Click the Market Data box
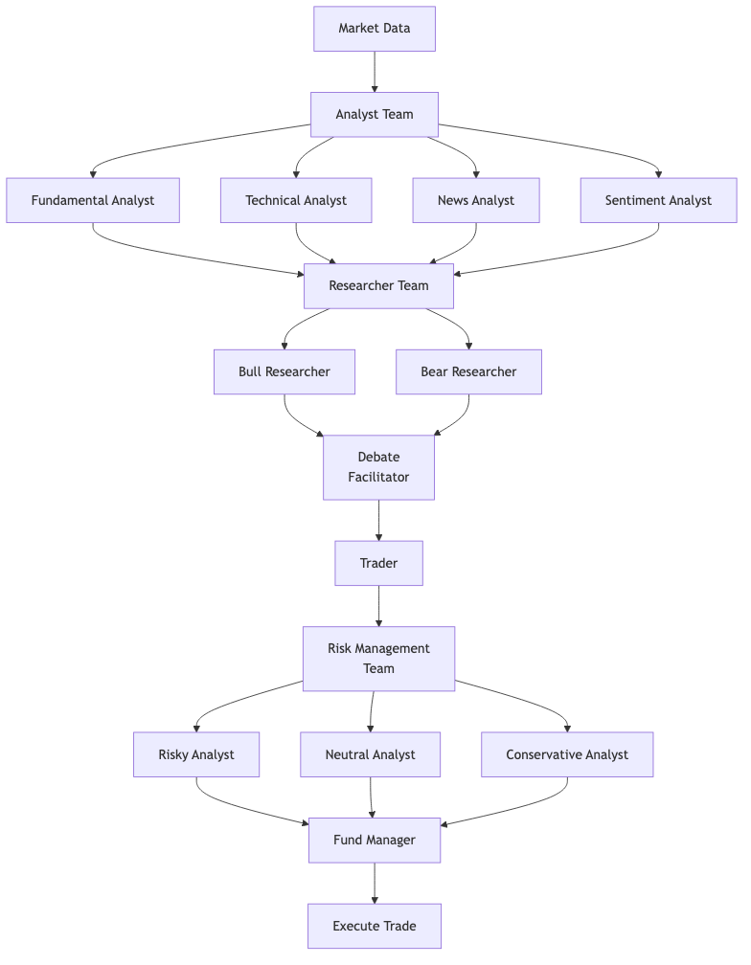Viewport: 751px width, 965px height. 375,29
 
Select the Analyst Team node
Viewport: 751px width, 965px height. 375,115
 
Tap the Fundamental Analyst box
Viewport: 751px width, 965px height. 93,201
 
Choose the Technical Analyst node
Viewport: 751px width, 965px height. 296,201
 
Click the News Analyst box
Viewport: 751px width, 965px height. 476,201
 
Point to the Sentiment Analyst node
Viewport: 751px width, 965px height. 658,201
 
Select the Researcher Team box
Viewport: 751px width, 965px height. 378,286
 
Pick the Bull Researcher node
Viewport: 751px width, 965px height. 284,371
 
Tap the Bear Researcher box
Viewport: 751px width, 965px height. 468,371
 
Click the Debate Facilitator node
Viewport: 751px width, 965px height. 378,467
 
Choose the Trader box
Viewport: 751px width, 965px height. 378,563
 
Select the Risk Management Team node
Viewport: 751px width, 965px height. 378,659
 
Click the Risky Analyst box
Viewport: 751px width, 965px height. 196,754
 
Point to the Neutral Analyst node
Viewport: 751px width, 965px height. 371,754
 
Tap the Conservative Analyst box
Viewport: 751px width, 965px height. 567,754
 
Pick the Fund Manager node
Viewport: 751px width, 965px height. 375,840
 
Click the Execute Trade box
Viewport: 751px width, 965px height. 375,926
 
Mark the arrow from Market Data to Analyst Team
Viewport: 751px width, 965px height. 375,72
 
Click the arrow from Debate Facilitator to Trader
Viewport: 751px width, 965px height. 378,520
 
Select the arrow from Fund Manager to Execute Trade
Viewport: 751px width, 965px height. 375,883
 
